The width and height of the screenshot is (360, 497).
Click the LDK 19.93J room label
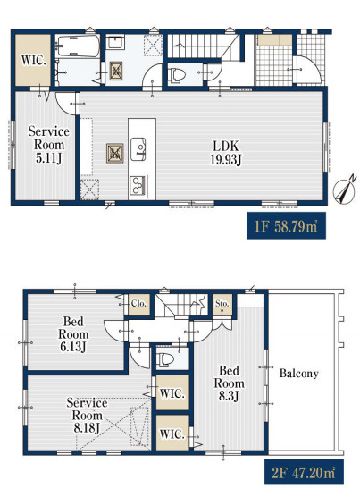coord(226,153)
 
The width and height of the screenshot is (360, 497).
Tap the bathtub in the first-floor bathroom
coord(79,46)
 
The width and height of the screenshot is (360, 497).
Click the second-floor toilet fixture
coord(165,359)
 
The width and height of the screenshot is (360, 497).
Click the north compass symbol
coord(345,190)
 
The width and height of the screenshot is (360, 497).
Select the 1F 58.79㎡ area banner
coord(286,225)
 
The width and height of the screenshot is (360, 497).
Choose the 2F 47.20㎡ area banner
coord(304,472)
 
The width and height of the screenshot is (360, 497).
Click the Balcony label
coord(298,374)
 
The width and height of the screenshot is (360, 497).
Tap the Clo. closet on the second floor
coord(139,304)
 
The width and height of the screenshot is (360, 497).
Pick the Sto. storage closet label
coord(222,304)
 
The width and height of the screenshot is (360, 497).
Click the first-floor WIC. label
coord(33,60)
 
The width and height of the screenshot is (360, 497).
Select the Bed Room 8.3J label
coord(229,383)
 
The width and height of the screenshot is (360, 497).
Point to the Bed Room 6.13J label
coord(73,334)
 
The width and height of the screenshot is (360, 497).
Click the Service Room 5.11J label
coord(49,145)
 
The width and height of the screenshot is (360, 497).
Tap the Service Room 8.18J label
coord(87,416)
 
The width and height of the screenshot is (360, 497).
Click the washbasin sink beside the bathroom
coord(115,42)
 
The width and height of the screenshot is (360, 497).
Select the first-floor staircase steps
coord(202,46)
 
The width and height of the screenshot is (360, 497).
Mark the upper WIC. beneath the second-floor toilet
coord(172,393)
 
